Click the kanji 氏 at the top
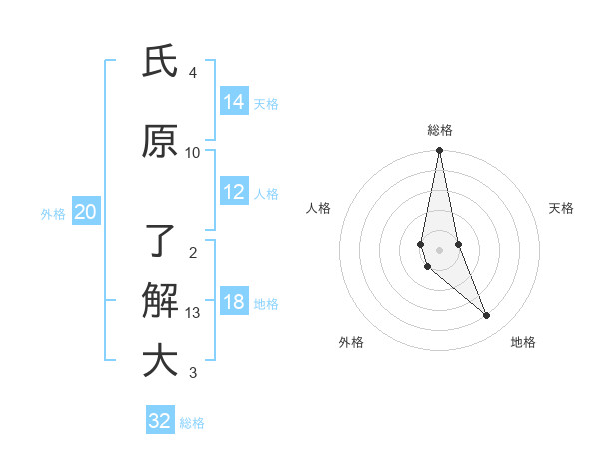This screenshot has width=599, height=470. coord(160,62)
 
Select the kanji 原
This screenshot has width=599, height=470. coord(160,141)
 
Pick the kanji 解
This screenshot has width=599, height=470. coord(160,301)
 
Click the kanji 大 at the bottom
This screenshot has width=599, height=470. coord(160,361)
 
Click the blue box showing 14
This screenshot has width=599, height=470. coord(234,101)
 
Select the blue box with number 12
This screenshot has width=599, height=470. coord(234,192)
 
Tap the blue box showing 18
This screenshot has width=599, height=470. coord(234,303)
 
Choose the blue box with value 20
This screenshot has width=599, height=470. coord(86,212)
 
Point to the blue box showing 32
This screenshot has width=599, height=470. coord(160,421)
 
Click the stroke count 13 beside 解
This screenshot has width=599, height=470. coord(193,313)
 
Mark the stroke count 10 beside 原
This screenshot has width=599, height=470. coord(193,152)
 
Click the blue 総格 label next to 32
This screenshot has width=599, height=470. coord(192,423)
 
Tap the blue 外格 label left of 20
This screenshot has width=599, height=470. coord(53,213)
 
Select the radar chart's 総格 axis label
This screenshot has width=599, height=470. coord(439,130)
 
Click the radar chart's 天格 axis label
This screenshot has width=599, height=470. coord(561,208)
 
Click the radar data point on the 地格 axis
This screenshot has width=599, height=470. coord(487,316)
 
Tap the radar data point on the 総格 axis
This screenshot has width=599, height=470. coord(439,151)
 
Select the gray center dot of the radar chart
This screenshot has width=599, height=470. coord(439,249)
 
